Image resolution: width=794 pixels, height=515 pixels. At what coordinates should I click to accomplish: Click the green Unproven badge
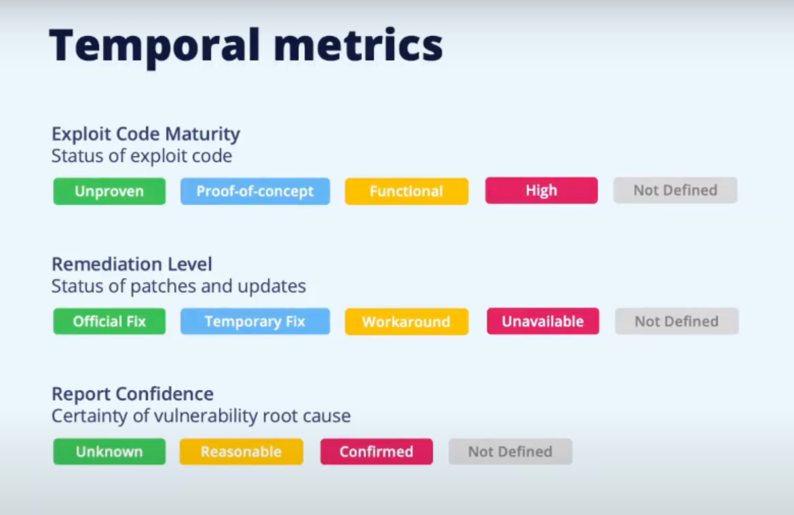(109, 191)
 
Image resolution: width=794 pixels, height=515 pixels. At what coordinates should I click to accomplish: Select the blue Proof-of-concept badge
(255, 191)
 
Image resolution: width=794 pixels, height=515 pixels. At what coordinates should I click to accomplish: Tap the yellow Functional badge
(407, 191)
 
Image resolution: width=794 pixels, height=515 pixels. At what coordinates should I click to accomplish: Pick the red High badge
(542, 191)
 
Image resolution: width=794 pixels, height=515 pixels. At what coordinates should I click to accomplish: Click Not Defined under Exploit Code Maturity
(675, 191)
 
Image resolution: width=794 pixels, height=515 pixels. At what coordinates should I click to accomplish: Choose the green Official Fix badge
(109, 322)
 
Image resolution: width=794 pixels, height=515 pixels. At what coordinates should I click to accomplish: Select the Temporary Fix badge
(255, 322)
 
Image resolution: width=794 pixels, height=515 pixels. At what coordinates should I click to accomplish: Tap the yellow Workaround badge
(407, 322)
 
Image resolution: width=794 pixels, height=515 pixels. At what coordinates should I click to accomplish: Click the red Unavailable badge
(543, 321)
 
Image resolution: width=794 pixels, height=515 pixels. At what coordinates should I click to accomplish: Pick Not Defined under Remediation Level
(677, 321)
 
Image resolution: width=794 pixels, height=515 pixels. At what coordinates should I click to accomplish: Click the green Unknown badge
(109, 452)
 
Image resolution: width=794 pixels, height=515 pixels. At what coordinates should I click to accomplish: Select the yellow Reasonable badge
(242, 452)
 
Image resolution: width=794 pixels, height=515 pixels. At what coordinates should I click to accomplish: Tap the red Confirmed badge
(377, 452)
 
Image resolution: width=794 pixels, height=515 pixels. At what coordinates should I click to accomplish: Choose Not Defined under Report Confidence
(510, 452)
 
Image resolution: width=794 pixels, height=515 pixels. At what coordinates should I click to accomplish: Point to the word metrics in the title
(358, 45)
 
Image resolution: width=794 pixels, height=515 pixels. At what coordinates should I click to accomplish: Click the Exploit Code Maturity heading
(146, 134)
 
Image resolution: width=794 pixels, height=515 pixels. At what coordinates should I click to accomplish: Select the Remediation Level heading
(132, 264)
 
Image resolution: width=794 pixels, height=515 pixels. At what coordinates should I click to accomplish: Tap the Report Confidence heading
(132, 394)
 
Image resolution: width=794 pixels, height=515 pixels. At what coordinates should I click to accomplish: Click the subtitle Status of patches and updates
(178, 286)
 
